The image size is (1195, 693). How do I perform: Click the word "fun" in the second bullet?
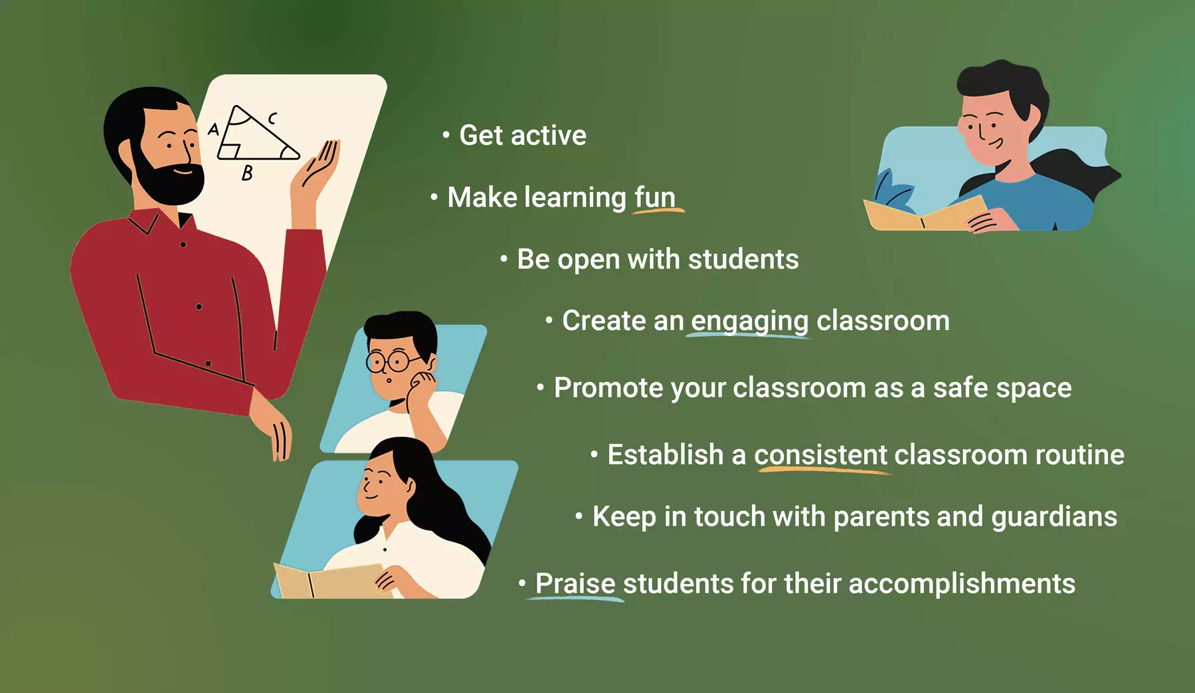click(655, 197)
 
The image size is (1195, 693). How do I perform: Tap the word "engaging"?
click(749, 322)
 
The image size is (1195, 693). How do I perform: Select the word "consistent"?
click(820, 455)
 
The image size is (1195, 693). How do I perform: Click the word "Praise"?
click(575, 583)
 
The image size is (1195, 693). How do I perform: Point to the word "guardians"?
click(1054, 518)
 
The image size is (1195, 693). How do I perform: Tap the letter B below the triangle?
click(247, 173)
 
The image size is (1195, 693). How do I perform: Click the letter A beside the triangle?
click(213, 129)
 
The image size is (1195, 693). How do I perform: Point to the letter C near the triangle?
click(272, 118)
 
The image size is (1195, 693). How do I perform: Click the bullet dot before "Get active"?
click(446, 136)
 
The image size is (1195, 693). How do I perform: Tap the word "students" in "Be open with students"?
click(743, 259)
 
